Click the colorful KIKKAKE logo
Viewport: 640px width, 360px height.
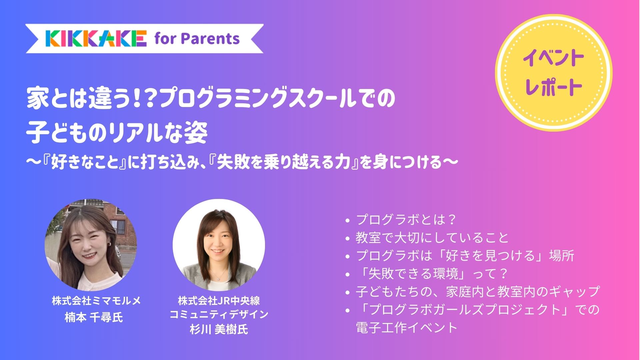[96, 38]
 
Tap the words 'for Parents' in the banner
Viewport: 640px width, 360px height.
[197, 39]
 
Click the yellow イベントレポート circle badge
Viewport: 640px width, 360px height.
[554, 73]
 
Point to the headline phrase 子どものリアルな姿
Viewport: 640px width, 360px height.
[117, 132]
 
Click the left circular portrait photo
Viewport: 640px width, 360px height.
[91, 245]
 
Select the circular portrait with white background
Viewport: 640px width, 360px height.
[219, 245]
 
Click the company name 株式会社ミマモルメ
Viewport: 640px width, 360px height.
[96, 301]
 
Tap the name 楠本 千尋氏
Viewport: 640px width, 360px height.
[94, 317]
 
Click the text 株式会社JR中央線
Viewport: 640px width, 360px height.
[219, 301]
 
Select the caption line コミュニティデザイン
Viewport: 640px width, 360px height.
[219, 314]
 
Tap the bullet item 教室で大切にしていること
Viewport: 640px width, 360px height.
[432, 238]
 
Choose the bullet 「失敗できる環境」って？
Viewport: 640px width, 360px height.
[431, 274]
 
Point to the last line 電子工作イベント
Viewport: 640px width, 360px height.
[407, 328]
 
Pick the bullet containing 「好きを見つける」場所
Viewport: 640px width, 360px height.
[465, 256]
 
